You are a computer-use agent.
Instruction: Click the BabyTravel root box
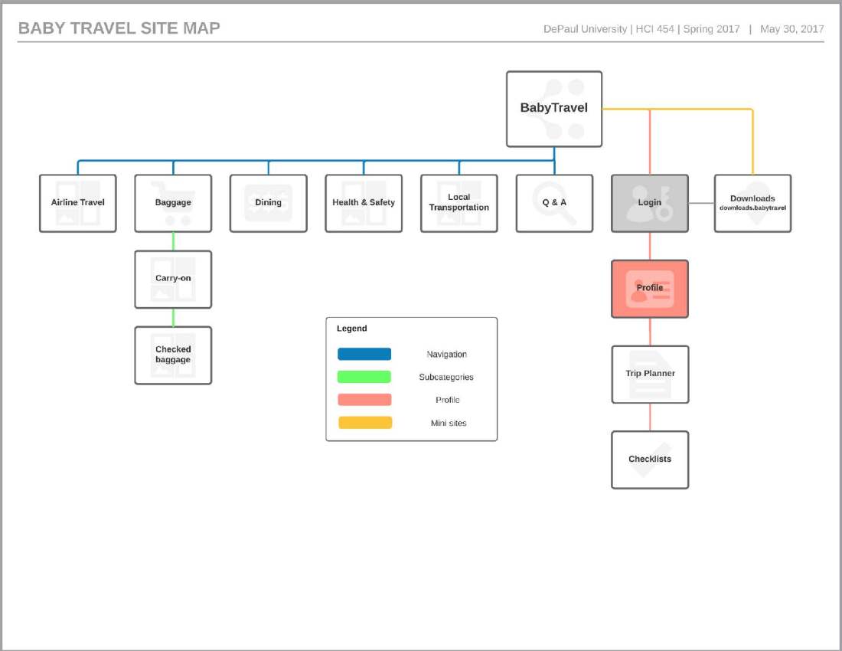click(554, 109)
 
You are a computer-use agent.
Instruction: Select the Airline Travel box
click(78, 203)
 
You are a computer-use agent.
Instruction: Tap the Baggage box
click(173, 203)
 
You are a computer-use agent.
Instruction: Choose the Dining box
click(269, 203)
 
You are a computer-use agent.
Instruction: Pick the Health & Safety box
click(364, 203)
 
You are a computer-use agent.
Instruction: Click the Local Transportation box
click(459, 203)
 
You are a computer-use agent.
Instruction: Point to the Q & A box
click(554, 203)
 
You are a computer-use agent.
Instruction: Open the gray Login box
click(650, 203)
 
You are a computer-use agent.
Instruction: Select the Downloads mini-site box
click(752, 203)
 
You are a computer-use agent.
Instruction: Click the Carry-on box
click(173, 279)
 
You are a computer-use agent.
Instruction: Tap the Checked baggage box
click(173, 355)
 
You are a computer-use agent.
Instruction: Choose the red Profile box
click(650, 289)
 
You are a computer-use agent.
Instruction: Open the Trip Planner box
click(650, 374)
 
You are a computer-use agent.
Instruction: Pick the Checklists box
click(650, 460)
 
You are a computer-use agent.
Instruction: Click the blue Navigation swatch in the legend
click(364, 354)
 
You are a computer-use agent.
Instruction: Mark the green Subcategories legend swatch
click(364, 377)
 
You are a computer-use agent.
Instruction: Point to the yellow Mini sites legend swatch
click(364, 423)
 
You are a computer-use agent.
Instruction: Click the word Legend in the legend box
click(352, 329)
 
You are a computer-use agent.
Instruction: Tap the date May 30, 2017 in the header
click(791, 29)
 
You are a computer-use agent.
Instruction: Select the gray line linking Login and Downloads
click(701, 203)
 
